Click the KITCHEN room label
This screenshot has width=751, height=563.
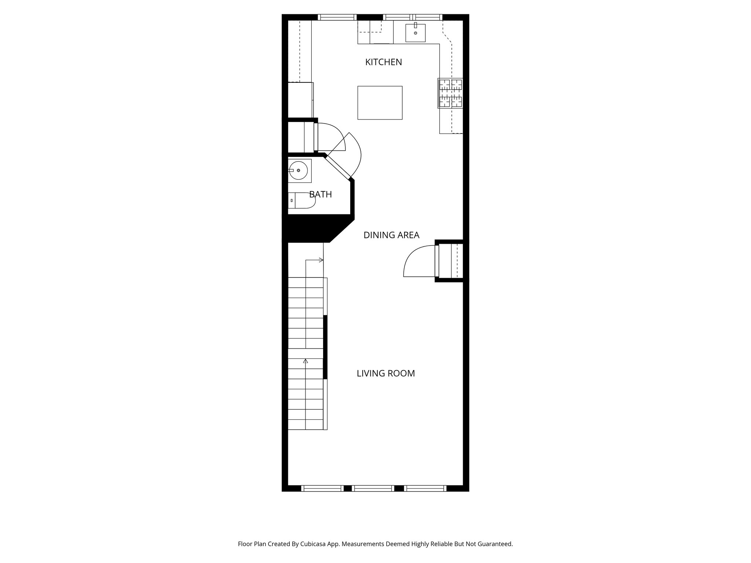(x=384, y=62)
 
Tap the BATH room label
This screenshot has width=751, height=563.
(x=320, y=194)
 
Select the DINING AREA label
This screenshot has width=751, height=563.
(x=391, y=235)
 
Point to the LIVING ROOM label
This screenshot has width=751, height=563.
(x=386, y=374)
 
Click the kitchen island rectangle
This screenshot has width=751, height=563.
(x=380, y=103)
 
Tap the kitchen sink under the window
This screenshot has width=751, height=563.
(x=415, y=33)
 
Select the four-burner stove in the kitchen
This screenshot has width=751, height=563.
(x=451, y=93)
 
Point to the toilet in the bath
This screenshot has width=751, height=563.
(x=303, y=200)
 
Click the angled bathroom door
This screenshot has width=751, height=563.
(x=338, y=167)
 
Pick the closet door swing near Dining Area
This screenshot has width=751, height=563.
(x=418, y=262)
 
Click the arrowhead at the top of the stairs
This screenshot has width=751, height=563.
(x=321, y=260)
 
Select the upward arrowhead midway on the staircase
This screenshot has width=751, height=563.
(x=305, y=361)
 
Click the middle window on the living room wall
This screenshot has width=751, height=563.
(x=373, y=488)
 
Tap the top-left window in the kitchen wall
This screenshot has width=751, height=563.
(x=337, y=17)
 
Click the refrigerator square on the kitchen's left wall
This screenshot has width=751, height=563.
(x=300, y=100)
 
